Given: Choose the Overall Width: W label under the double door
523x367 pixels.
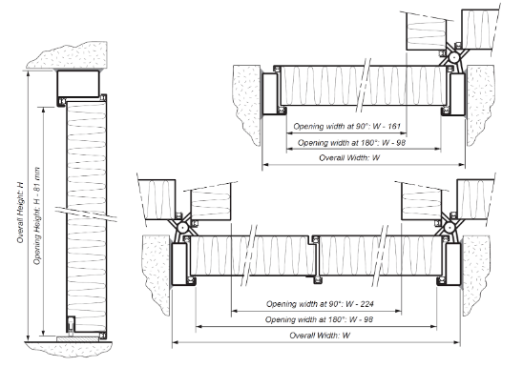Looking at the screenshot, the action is [320, 336].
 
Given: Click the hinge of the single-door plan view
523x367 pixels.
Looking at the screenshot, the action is [456, 56].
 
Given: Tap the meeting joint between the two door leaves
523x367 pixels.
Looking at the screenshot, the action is [315, 257].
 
